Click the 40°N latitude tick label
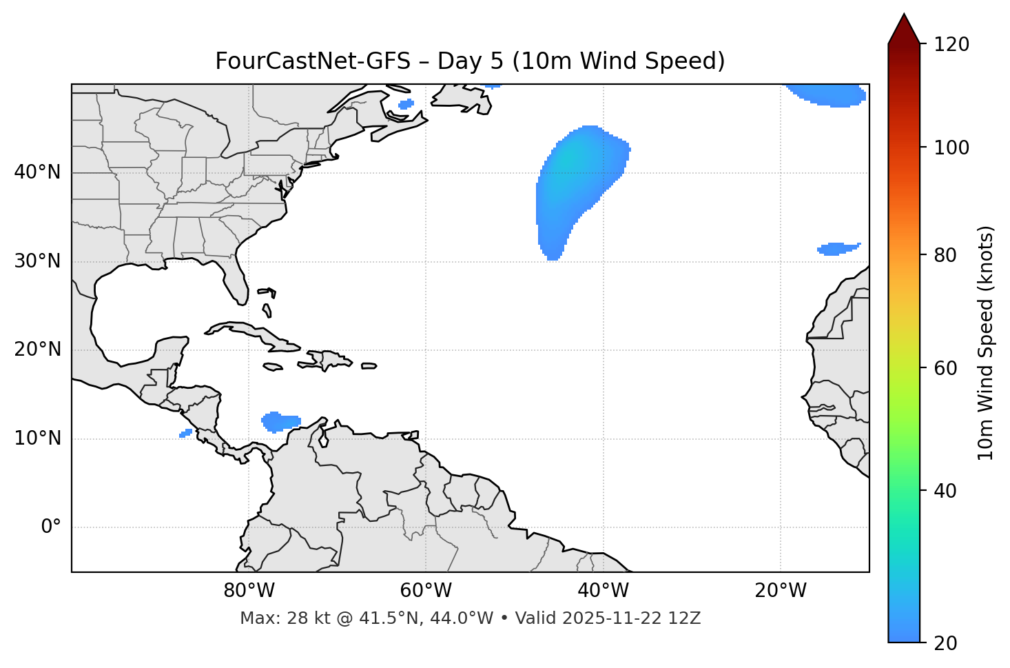pos(37,172)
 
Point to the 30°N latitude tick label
pos(37,261)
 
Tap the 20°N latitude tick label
pos(37,350)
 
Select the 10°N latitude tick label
pos(37,438)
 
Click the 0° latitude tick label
pos(51,527)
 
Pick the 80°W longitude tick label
pos(249,591)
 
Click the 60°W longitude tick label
pos(426,591)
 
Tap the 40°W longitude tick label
pos(603,591)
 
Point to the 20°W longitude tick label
pos(781,591)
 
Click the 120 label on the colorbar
pos(951,45)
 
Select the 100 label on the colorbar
pos(951,148)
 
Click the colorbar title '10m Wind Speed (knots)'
pos(986,343)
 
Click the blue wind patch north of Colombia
pos(280,421)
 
